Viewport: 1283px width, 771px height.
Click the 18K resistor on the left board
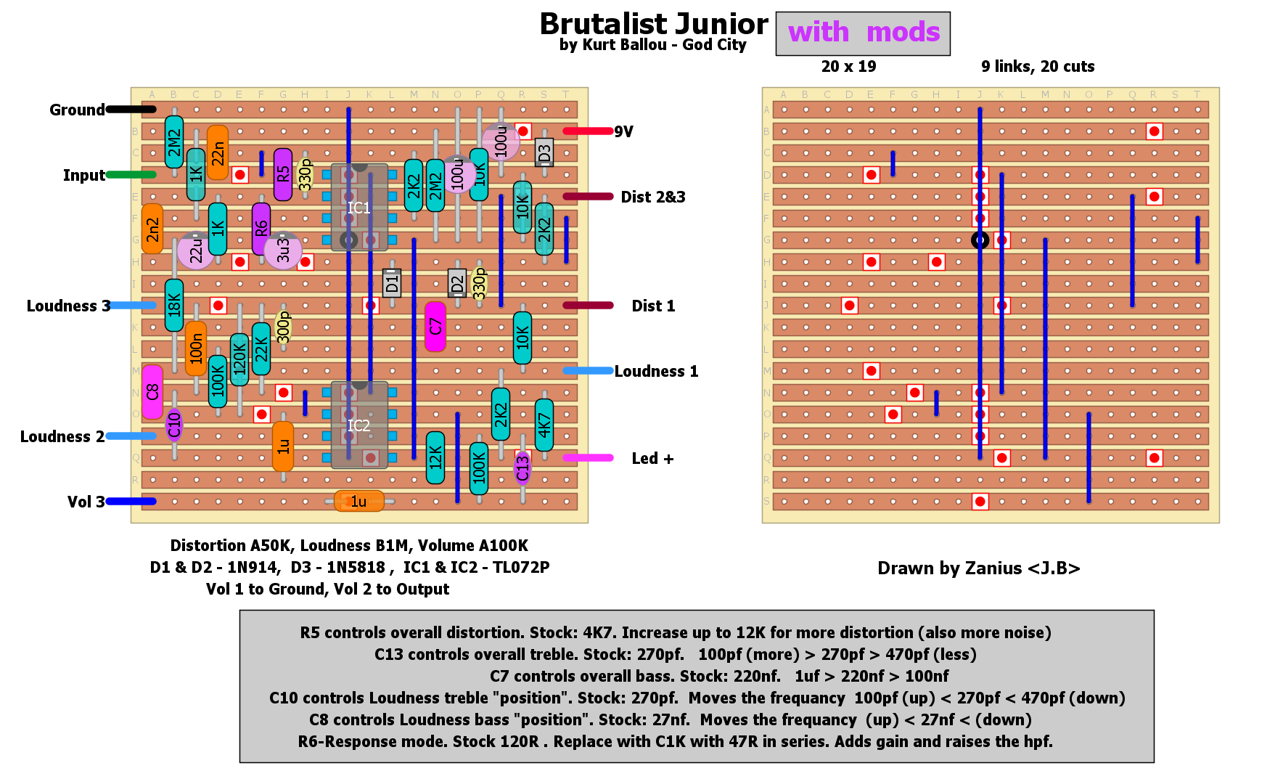click(174, 305)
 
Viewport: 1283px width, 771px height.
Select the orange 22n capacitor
click(218, 152)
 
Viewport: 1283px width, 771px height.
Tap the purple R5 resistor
click(283, 174)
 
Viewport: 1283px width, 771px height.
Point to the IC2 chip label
click(358, 425)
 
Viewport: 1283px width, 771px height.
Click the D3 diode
click(544, 152)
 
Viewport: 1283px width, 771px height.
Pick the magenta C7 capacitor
click(435, 327)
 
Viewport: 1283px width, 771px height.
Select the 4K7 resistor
click(544, 425)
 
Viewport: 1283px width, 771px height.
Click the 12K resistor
click(435, 457)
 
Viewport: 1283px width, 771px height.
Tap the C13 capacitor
click(522, 468)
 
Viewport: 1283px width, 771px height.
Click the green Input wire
click(131, 175)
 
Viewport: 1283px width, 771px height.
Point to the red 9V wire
click(588, 131)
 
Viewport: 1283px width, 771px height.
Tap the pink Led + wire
click(588, 458)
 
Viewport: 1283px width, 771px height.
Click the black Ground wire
click(131, 110)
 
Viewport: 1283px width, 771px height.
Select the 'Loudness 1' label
click(656, 372)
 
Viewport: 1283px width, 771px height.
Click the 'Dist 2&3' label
click(653, 197)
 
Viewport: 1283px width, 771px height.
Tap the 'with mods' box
click(863, 33)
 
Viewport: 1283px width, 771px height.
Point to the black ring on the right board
click(980, 240)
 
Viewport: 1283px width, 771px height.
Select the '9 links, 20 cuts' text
click(1038, 67)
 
